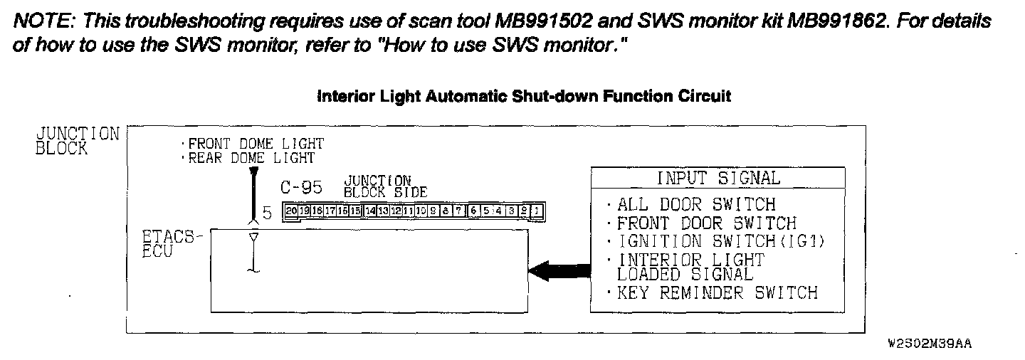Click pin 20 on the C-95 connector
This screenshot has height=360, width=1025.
pos(290,211)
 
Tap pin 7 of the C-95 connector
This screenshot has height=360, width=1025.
pos(460,211)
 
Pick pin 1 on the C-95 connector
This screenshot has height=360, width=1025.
pos(537,211)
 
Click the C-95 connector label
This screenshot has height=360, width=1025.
pos(301,188)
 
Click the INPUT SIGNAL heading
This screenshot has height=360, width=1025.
pos(717,178)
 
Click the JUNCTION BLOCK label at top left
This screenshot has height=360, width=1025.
pos(77,141)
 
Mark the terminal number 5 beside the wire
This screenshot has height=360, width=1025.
pos(267,213)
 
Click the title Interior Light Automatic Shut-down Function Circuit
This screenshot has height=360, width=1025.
pos(523,96)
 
